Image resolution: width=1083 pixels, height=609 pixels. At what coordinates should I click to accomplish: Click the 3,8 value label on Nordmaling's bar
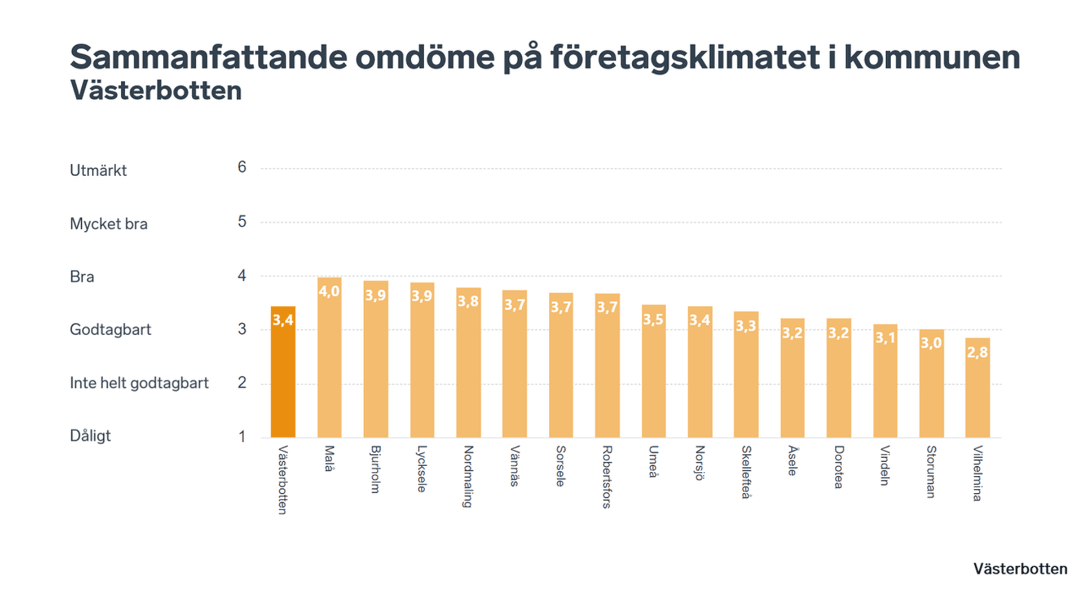click(468, 301)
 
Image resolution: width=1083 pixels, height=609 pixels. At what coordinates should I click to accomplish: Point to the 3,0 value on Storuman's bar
click(931, 343)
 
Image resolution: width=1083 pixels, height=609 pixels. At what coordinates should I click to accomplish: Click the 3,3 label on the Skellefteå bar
click(746, 326)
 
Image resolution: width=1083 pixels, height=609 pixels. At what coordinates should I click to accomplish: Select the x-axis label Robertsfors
click(607, 477)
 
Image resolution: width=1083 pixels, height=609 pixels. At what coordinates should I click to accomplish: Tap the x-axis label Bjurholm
click(375, 470)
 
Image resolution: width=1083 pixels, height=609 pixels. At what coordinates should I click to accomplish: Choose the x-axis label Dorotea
click(839, 467)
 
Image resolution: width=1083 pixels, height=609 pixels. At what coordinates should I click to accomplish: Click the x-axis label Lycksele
click(421, 469)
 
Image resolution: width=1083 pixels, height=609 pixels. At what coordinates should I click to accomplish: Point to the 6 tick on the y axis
click(241, 167)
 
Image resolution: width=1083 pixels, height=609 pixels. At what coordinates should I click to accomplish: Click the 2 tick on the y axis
click(241, 383)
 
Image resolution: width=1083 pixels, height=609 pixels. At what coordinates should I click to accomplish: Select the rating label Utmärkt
click(98, 170)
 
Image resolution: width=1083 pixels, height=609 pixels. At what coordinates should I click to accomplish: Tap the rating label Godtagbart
click(111, 330)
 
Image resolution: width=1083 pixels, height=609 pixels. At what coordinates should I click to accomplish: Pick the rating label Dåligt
click(90, 436)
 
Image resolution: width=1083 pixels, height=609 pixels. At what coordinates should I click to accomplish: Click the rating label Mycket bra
click(108, 224)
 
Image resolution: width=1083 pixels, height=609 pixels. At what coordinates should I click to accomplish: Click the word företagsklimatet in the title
click(685, 58)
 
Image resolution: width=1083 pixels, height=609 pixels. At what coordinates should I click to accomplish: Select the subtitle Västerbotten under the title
click(156, 91)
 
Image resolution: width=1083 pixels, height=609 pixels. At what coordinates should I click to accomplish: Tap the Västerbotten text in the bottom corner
click(1020, 569)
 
